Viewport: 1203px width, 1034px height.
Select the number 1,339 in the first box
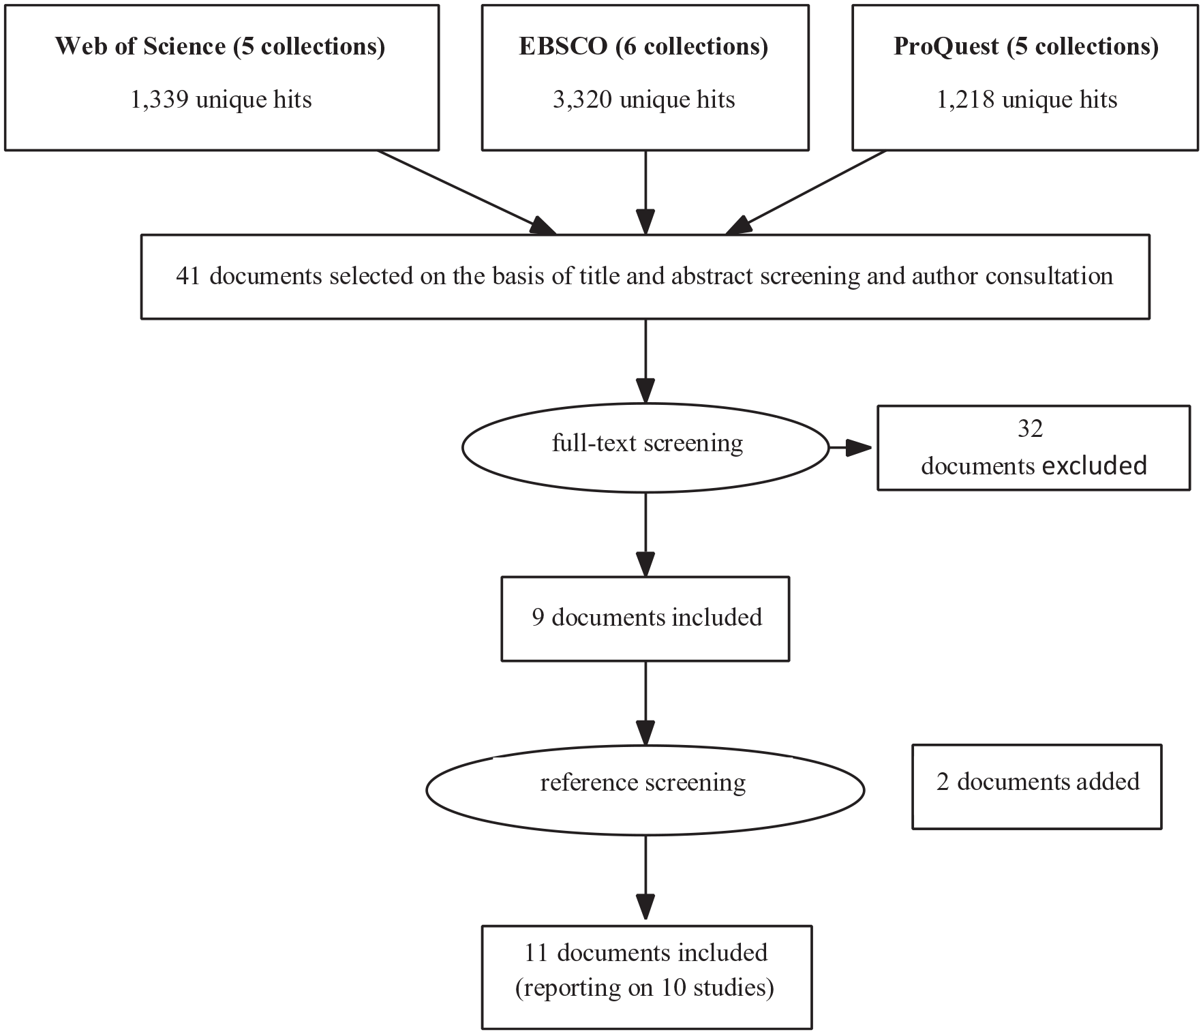tap(159, 100)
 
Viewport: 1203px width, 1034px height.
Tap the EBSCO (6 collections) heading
tap(643, 46)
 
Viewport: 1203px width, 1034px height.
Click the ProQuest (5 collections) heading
tap(1026, 46)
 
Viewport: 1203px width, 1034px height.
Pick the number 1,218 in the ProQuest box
tap(965, 100)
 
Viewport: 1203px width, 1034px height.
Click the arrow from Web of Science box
tap(467, 192)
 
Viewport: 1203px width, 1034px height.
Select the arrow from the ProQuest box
tap(806, 192)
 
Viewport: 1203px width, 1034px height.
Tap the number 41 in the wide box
tap(188, 276)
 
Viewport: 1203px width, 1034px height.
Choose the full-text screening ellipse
tap(645, 448)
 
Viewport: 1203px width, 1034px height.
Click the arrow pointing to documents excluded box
tap(851, 448)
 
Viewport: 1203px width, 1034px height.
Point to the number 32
tap(1030, 429)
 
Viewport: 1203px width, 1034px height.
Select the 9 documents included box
tap(645, 619)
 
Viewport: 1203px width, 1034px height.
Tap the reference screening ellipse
tap(645, 790)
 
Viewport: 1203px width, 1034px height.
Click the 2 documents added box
tap(1037, 787)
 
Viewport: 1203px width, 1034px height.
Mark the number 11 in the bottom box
tap(536, 952)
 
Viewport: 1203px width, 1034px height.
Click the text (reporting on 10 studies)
tap(645, 987)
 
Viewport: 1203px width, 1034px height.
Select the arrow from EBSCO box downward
tap(645, 193)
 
